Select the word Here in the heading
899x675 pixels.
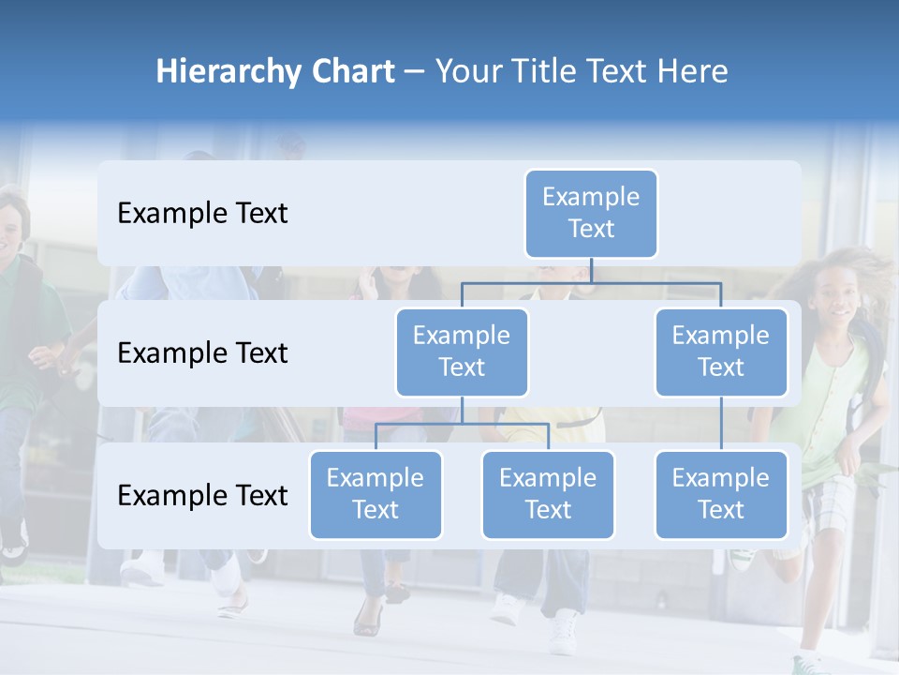693,72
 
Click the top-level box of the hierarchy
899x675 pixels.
591,213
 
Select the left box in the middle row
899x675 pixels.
462,352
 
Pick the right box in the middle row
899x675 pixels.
721,352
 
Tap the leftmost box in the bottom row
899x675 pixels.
376,494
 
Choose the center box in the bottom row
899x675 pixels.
548,494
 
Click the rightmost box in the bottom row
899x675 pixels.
721,494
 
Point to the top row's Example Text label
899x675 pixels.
202,214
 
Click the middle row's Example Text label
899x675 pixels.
202,353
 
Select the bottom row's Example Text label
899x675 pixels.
202,495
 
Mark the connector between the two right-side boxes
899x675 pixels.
721,424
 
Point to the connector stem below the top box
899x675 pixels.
591,270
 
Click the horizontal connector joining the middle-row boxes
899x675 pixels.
591,282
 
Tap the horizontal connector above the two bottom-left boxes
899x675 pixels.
462,424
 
